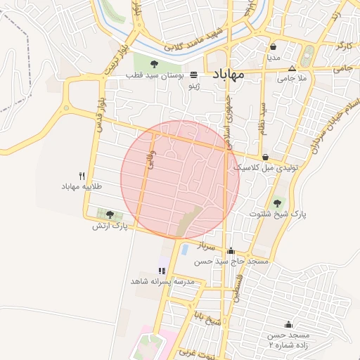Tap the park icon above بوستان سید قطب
(154, 65)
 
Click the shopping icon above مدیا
(272, 47)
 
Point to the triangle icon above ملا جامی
(292, 68)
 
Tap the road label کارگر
(343, 46)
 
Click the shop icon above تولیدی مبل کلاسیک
(265, 157)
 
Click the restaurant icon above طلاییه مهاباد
(82, 176)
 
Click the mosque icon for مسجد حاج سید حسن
(231, 250)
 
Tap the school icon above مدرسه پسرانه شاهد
(162, 270)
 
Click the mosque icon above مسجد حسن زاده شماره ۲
(288, 324)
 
